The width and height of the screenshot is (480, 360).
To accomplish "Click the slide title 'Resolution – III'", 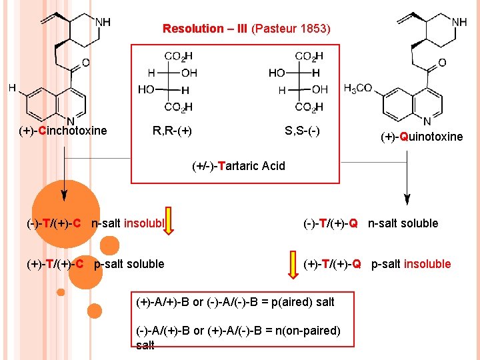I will (205, 29).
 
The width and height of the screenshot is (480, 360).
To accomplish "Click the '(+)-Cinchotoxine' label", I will (63, 131).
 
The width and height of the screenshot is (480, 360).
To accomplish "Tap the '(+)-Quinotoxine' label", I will (421, 137).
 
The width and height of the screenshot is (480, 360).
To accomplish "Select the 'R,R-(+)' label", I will (172, 131).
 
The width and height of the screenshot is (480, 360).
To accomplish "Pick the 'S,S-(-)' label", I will (302, 131).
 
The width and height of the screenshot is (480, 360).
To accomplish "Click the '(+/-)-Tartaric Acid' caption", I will (238, 166).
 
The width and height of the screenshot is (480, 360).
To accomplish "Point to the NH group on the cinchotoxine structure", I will (103, 22).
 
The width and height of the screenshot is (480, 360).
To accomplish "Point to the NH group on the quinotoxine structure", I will (459, 22).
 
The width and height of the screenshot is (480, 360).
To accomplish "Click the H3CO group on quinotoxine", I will (358, 88).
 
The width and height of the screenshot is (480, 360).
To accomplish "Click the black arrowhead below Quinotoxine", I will (407, 199).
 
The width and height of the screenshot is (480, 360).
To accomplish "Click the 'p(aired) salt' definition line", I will (235, 302).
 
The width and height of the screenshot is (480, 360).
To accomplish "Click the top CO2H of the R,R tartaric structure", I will (179, 57).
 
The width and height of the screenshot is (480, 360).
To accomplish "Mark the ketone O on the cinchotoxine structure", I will (85, 63).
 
